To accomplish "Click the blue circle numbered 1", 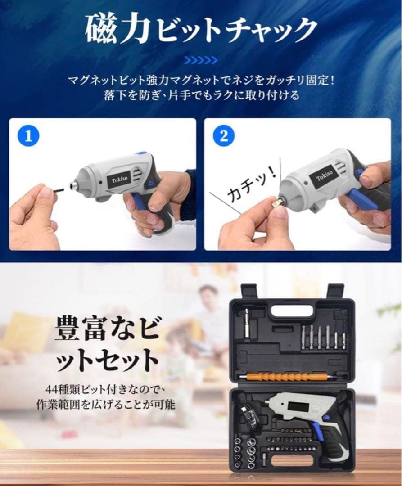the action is click(28, 136).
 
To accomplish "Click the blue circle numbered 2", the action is click(224, 136).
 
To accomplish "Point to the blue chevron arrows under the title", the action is click(201, 60).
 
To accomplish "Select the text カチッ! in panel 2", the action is click(251, 186).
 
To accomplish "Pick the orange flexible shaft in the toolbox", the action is click(279, 377).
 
